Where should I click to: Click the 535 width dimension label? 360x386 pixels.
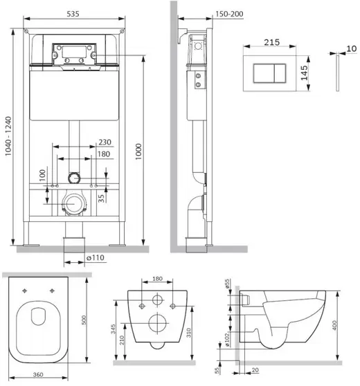pyautogui.click(x=73, y=14)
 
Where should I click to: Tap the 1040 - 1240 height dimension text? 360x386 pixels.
pyautogui.click(x=8, y=136)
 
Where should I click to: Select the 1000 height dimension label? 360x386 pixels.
pyautogui.click(x=138, y=151)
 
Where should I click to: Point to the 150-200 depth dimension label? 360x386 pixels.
pyautogui.click(x=229, y=14)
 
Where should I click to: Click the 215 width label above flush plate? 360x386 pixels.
pyautogui.click(x=272, y=42)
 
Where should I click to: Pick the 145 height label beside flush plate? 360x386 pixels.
pyautogui.click(x=305, y=73)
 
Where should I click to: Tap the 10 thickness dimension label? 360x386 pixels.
pyautogui.click(x=352, y=48)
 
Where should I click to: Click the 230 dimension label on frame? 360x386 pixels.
pyautogui.click(x=105, y=142)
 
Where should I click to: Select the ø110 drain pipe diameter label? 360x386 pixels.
pyautogui.click(x=96, y=258)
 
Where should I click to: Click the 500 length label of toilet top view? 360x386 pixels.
pyautogui.click(x=84, y=320)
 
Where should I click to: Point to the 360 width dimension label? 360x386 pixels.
pyautogui.click(x=38, y=375)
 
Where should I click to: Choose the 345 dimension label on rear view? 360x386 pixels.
pyautogui.click(x=113, y=329)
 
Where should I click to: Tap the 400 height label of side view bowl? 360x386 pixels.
pyautogui.click(x=334, y=325)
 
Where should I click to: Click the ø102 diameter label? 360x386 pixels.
pyautogui.click(x=227, y=340)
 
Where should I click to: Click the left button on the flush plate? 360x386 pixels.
pyautogui.click(x=264, y=73)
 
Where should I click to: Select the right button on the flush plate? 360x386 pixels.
pyautogui.click(x=280, y=73)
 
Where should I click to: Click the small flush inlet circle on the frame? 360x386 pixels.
pyautogui.click(x=74, y=178)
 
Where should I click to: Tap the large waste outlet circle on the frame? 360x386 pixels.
pyautogui.click(x=74, y=204)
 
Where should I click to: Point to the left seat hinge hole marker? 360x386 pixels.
pyautogui.click(x=25, y=291)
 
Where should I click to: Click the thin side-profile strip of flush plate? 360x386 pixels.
pyautogui.click(x=337, y=73)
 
